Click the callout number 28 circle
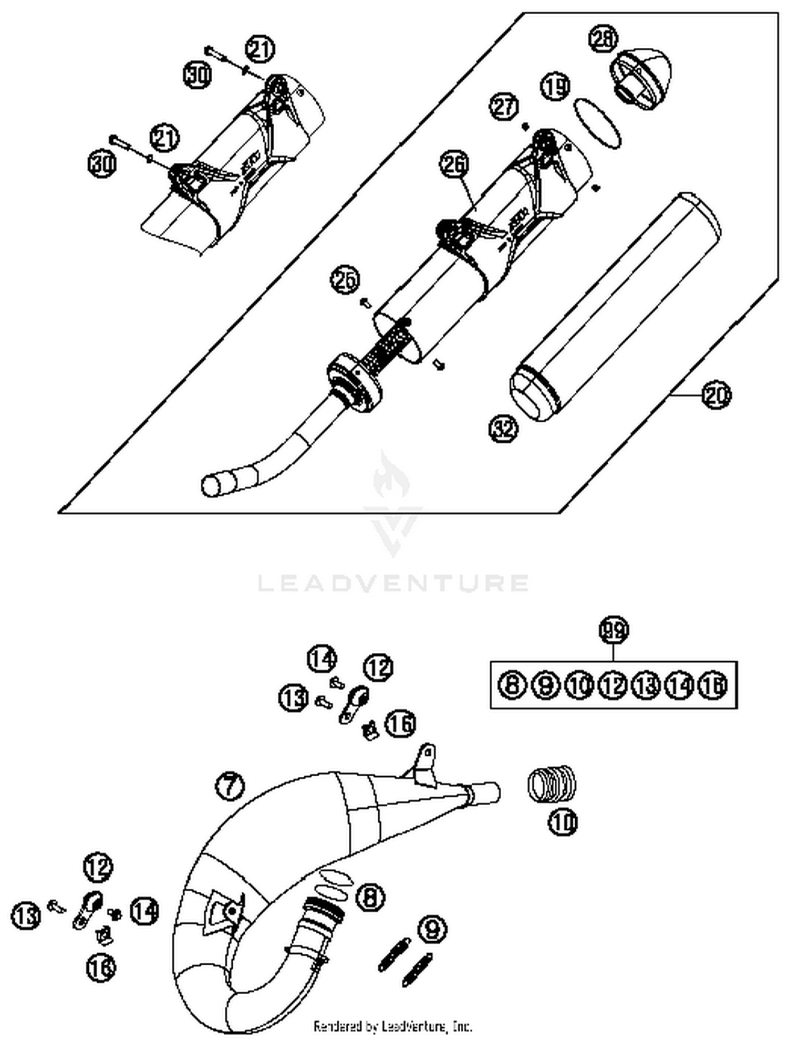pos(604,39)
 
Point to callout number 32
pos(503,429)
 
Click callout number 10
pos(563,822)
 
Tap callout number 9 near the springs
pos(432,929)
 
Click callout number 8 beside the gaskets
pos(370,897)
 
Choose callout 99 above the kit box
pos(614,630)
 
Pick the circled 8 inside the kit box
pos(512,685)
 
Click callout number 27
pos(504,107)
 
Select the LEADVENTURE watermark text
pos(393,583)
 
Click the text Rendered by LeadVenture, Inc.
pos(393,1025)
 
